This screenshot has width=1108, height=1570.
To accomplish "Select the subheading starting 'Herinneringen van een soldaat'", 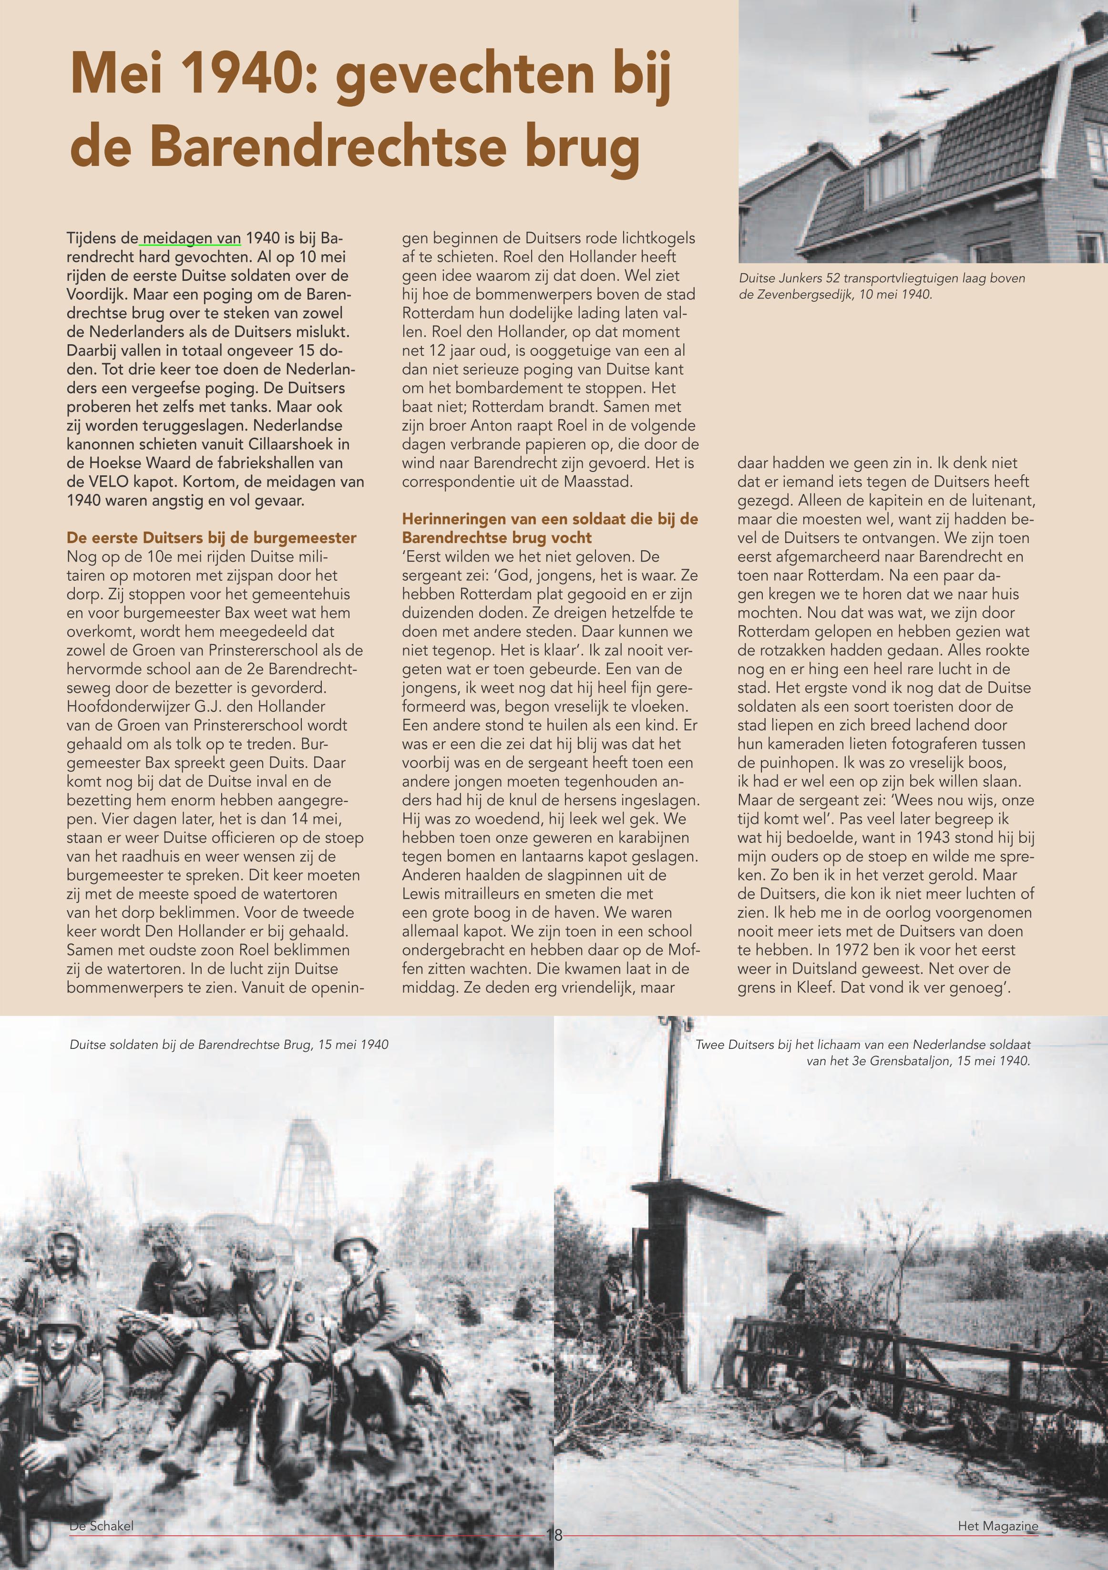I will pos(550,528).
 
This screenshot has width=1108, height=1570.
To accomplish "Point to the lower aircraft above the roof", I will pos(925,92).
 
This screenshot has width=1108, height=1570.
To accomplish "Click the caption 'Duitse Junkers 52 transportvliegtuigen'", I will pos(882,278).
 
